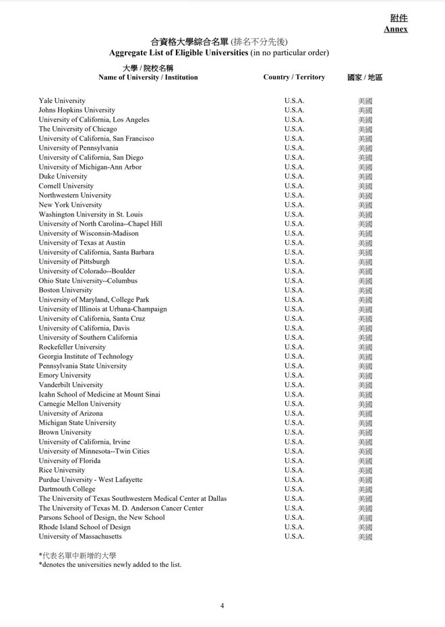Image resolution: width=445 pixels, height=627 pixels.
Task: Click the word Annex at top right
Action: (x=396, y=29)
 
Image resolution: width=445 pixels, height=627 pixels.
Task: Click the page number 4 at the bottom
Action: (x=222, y=605)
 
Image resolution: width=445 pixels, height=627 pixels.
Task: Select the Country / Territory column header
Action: (x=294, y=77)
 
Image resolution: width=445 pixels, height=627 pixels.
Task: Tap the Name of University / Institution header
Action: (x=148, y=77)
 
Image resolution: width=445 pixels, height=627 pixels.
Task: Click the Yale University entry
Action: (x=62, y=100)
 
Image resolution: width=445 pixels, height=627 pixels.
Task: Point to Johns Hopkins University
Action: (x=77, y=110)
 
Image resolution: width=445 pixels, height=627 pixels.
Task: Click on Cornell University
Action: (x=66, y=186)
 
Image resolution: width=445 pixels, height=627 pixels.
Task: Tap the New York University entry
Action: (x=70, y=205)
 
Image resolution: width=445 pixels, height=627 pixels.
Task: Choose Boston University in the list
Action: (x=65, y=290)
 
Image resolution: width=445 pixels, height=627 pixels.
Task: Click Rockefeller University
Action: (x=72, y=347)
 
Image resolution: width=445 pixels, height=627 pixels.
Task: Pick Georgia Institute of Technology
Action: (x=86, y=357)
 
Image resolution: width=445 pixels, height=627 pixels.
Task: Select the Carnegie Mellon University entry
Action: (x=80, y=404)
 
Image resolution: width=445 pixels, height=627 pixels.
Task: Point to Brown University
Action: (x=65, y=432)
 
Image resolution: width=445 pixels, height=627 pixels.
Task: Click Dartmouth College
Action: (x=67, y=489)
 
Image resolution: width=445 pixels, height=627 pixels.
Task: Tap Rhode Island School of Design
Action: (x=84, y=527)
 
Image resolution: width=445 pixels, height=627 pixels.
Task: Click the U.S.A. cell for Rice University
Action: (x=294, y=470)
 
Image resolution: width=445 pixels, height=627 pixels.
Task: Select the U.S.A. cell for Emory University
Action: (x=294, y=376)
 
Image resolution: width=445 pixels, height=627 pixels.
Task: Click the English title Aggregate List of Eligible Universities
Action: (x=178, y=53)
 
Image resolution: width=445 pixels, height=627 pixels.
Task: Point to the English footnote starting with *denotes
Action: (x=110, y=564)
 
